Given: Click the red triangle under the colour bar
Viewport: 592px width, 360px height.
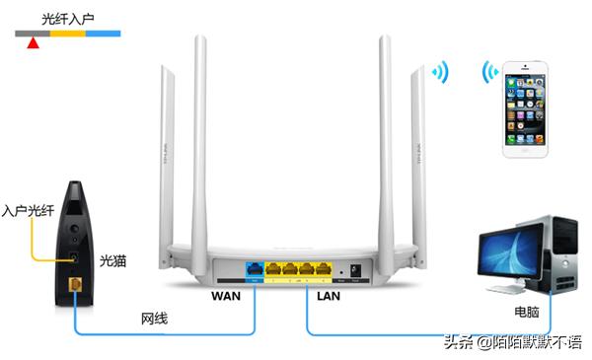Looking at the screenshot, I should click(33, 42).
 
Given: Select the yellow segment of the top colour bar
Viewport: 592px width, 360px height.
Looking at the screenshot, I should click(68, 34).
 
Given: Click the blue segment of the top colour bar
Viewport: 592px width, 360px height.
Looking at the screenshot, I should click(104, 34).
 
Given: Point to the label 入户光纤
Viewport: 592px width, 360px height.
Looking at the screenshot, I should click(27, 210).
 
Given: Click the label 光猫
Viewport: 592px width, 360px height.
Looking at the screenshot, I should click(113, 261).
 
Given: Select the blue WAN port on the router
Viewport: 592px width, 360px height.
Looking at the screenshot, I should click(255, 267).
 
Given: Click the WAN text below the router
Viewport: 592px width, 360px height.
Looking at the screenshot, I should click(230, 294).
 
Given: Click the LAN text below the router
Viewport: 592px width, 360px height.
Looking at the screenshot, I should click(329, 294).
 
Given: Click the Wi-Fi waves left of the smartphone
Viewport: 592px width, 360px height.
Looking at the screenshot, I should click(489, 73).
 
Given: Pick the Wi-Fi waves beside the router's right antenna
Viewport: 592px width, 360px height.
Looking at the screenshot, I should click(438, 73).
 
